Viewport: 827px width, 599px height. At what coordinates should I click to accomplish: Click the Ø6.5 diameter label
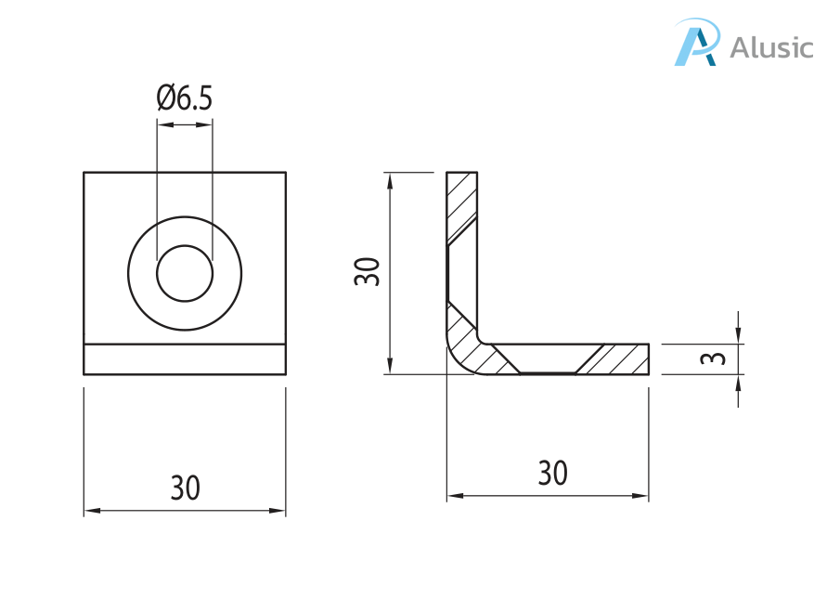185,98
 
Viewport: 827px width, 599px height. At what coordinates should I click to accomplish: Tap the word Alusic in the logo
771,47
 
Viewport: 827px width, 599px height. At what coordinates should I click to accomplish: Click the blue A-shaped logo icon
697,42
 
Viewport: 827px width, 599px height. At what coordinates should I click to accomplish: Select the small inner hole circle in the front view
185,273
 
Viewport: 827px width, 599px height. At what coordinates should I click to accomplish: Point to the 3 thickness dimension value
713,358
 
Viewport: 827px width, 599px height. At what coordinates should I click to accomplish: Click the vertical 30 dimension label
367,271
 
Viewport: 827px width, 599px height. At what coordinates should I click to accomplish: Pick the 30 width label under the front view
185,488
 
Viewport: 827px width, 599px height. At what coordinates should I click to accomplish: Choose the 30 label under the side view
553,473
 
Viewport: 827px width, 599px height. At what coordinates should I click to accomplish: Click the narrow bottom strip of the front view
185,359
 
